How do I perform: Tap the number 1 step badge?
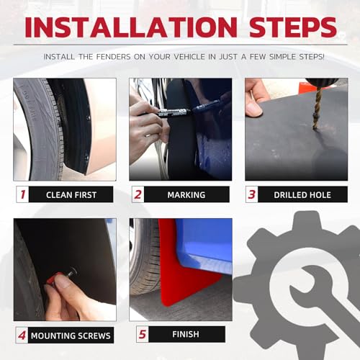click(x=22, y=194)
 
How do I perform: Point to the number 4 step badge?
click(x=22, y=335)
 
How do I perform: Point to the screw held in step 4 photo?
click(x=68, y=274)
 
